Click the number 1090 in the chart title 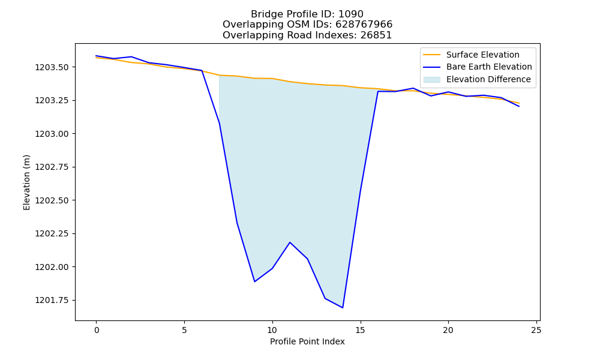point(351,14)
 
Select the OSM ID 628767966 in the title point(364,25)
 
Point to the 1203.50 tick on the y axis point(52,67)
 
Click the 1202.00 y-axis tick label point(52,267)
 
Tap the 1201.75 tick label point(52,301)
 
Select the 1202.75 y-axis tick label point(52,167)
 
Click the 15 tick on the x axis point(360,330)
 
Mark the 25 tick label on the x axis point(536,330)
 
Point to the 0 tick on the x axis point(97,330)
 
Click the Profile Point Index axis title point(307,341)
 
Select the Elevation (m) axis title point(26,182)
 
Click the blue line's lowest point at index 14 point(343,308)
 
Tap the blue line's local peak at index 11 point(290,242)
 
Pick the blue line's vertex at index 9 point(254,281)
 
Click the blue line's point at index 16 point(377,91)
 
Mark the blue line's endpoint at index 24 point(519,106)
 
